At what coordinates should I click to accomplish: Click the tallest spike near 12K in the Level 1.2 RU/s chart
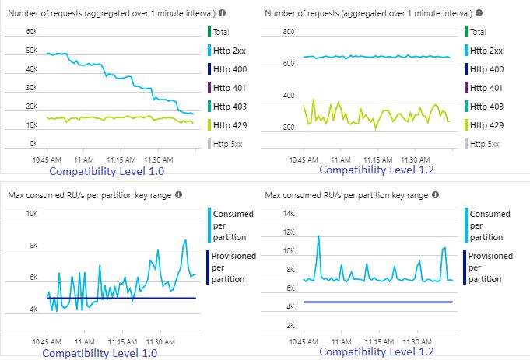(x=318, y=236)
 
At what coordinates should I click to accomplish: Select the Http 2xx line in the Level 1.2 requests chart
(x=374, y=57)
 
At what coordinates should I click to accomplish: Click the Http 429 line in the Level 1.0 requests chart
(x=117, y=117)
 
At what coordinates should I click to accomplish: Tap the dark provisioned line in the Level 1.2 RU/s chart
(x=374, y=302)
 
